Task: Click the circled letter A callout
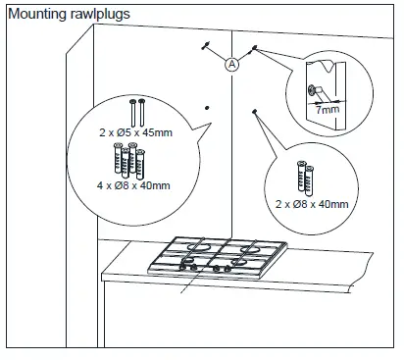coord(231,64)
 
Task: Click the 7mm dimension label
coord(328,110)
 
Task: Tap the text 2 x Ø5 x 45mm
coord(135,132)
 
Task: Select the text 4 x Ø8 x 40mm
coord(133,185)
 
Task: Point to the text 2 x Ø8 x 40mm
coord(312,204)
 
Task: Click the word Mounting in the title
coord(37,14)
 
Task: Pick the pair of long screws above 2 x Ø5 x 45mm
coord(137,113)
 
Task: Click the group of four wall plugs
coord(129,161)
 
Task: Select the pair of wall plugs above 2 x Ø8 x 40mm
coord(306,177)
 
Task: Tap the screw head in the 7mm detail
coord(312,89)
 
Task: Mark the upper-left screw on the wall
coord(206,45)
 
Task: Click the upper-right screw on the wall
coord(254,49)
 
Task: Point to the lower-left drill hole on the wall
coord(207,108)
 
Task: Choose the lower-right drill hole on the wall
coord(254,112)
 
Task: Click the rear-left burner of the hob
coord(197,246)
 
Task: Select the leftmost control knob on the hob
coord(183,267)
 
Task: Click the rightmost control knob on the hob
coord(227,269)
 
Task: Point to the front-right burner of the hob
coord(239,262)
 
